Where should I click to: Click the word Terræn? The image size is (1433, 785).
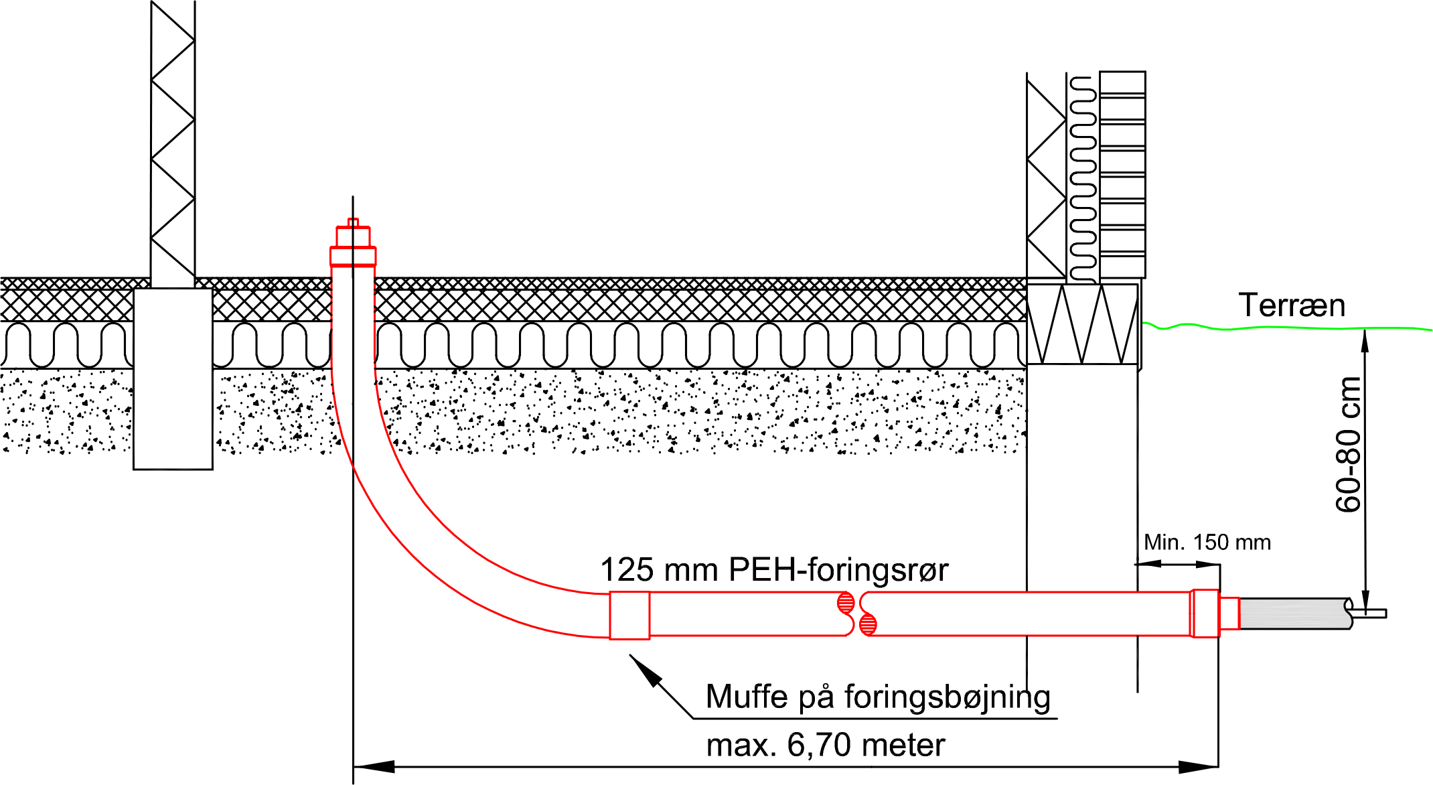(1291, 305)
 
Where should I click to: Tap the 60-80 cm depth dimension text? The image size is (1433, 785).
(1348, 445)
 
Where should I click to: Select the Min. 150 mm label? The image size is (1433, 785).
(1207, 542)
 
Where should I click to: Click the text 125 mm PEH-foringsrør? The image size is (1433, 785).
(773, 570)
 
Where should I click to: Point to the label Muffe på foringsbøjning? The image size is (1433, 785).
(877, 697)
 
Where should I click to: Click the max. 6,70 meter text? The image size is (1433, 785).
(825, 745)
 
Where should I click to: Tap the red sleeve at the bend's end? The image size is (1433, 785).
(629, 615)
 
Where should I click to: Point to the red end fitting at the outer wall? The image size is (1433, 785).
(1206, 613)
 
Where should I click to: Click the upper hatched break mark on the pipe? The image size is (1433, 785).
(846, 602)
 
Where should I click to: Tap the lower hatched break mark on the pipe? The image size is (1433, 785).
(868, 625)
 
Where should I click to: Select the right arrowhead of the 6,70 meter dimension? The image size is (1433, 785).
(1199, 766)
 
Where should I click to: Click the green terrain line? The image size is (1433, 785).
(1272, 328)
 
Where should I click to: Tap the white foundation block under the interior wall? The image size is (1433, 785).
(173, 378)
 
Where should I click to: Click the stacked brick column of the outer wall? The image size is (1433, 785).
(1122, 174)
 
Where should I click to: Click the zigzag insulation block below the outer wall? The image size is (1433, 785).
(1082, 324)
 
